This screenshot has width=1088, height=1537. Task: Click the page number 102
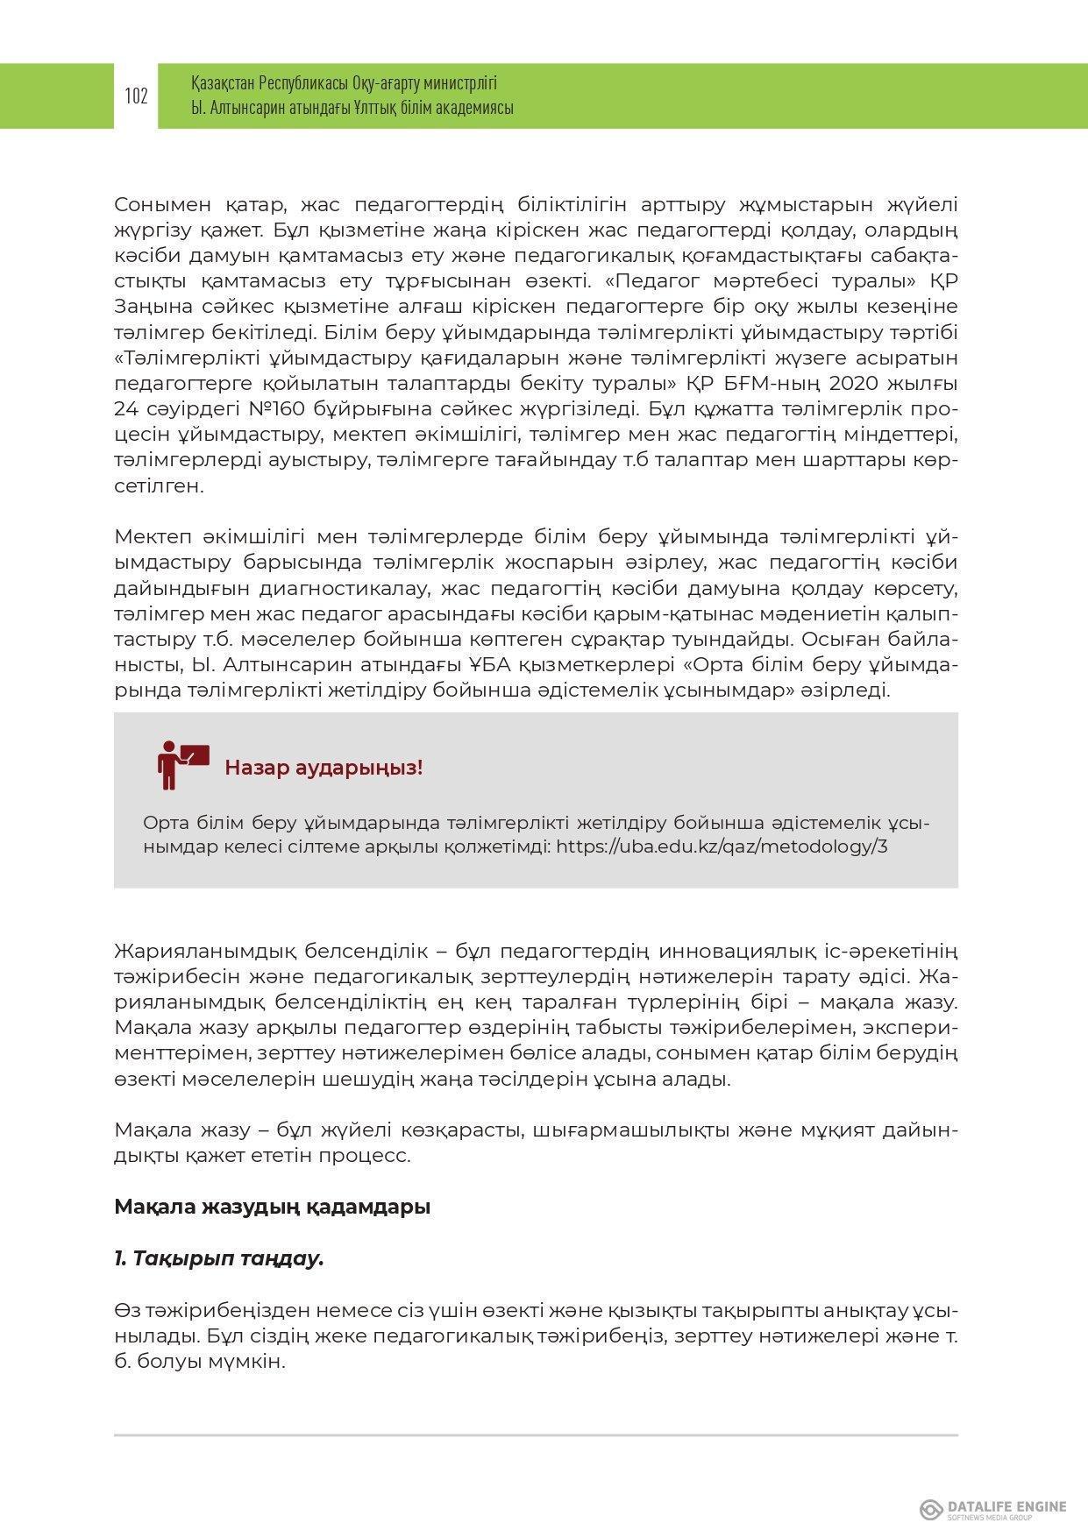tap(136, 96)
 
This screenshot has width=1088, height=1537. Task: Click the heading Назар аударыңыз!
tap(324, 768)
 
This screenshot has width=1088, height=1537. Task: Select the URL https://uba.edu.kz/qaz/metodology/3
tap(722, 846)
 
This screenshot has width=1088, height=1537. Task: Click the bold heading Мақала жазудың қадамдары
tap(272, 1207)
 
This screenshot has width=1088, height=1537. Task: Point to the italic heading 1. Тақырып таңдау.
tap(219, 1258)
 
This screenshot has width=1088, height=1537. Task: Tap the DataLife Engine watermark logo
tap(992, 1509)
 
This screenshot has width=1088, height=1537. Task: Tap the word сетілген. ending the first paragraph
tap(159, 485)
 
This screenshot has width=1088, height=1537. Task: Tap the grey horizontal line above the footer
tap(536, 1435)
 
